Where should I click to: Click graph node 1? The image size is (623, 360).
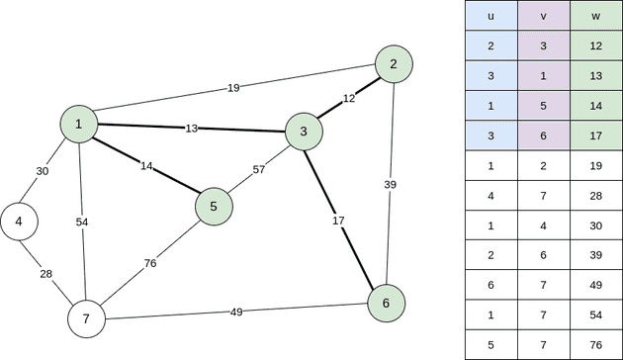click(x=78, y=124)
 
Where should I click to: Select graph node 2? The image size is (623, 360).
click(x=394, y=65)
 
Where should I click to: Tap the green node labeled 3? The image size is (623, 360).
click(x=304, y=132)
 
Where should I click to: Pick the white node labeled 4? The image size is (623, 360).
click(x=19, y=222)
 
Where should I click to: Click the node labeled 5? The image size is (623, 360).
click(x=214, y=207)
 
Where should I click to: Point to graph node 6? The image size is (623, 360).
click(x=387, y=303)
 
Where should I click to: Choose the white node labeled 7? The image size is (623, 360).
click(x=86, y=318)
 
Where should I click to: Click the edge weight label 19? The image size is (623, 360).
click(x=233, y=88)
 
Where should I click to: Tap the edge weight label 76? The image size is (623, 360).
click(x=150, y=263)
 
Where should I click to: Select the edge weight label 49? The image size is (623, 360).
click(x=236, y=312)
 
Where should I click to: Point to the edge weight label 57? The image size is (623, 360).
click(x=259, y=169)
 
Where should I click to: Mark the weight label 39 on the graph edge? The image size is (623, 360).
click(x=390, y=185)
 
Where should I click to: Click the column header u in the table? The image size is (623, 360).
click(x=491, y=18)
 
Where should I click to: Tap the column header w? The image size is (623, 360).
click(x=596, y=18)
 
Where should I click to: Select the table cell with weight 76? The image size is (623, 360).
click(x=596, y=343)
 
